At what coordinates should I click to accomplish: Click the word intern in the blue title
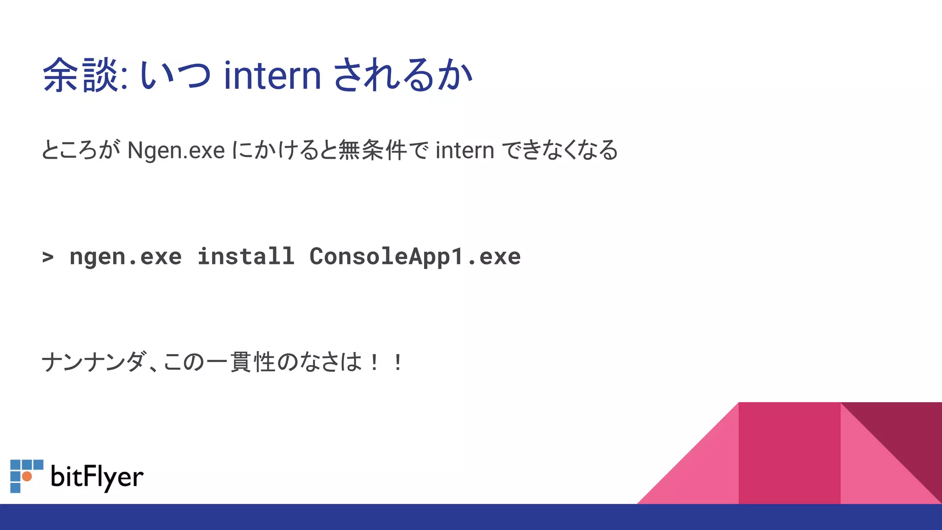click(x=272, y=76)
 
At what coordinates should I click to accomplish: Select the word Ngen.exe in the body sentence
click(x=176, y=151)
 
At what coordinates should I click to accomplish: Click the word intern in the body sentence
click(x=465, y=151)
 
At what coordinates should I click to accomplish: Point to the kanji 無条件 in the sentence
click(x=373, y=150)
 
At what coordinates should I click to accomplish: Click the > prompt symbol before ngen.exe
click(x=48, y=257)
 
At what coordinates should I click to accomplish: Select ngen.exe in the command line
click(x=126, y=257)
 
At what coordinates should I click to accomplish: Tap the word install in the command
click(x=246, y=257)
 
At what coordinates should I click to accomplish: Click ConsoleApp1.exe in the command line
click(x=415, y=257)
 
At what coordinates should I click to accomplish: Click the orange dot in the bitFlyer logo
click(x=27, y=476)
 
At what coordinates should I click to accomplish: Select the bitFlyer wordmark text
click(x=97, y=477)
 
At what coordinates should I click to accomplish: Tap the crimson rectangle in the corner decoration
click(x=789, y=453)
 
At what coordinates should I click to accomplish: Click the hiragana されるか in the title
click(x=402, y=76)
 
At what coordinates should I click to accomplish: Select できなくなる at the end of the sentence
click(x=559, y=150)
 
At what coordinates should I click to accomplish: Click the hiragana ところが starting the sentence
click(x=81, y=150)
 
